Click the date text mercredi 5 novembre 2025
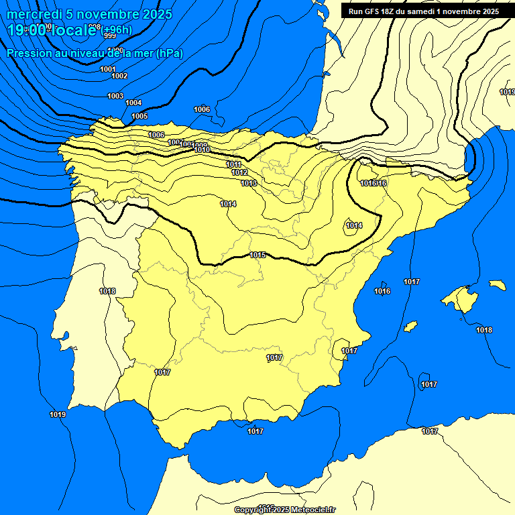89,14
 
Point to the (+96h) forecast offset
117,30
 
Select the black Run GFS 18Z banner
422,11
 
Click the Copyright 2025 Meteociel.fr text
284,510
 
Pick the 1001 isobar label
107,69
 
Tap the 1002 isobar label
119,76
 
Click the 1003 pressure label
115,96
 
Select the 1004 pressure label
133,103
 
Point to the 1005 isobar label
139,116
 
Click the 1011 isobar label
233,164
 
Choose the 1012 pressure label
239,172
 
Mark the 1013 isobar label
249,183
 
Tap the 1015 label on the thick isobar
258,255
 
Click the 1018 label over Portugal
107,291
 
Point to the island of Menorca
498,285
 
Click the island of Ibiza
410,327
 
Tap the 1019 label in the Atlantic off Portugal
58,414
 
